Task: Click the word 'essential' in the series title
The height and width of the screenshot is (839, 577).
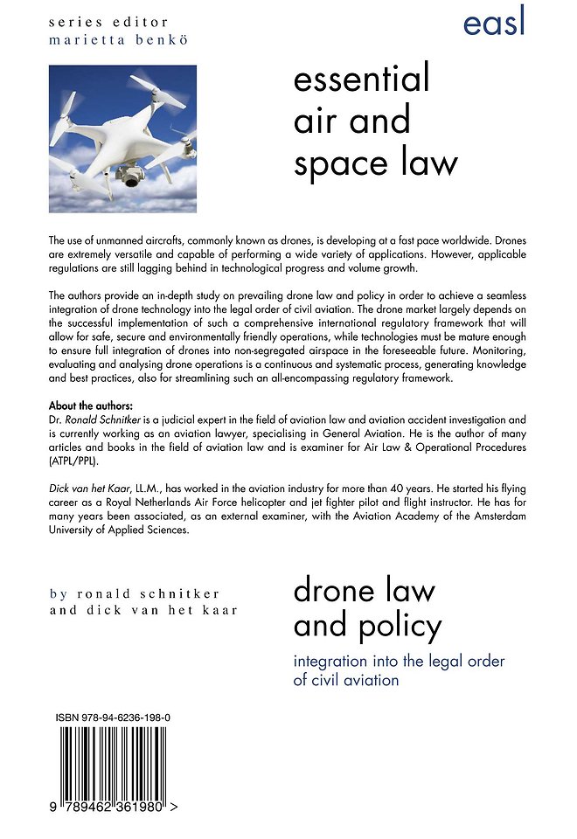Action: coord(362,80)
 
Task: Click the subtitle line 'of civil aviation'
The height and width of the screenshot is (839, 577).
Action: coord(346,679)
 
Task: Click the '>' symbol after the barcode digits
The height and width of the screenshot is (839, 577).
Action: coord(175,809)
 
